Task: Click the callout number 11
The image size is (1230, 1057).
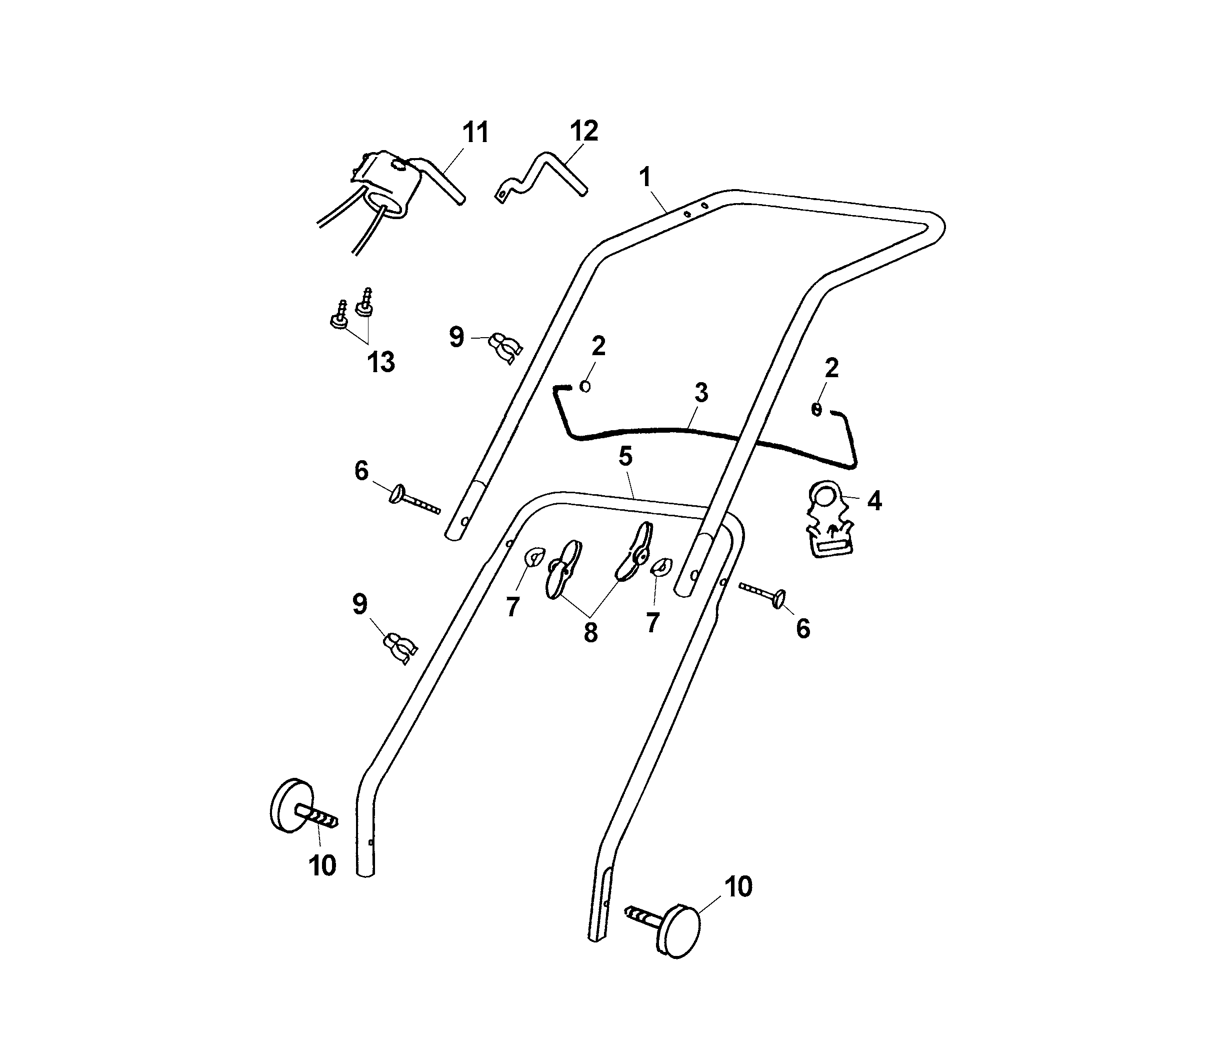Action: (x=476, y=133)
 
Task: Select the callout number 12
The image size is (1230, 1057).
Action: (x=584, y=131)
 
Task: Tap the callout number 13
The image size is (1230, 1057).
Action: (x=380, y=362)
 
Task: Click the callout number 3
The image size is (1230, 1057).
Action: (x=701, y=393)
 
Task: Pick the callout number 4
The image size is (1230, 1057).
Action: (x=874, y=502)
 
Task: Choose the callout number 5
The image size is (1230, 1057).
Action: (x=625, y=456)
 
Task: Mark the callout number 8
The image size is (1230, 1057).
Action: (x=590, y=633)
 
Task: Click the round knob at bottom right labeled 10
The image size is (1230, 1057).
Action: (x=678, y=930)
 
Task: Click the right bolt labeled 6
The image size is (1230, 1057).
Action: (x=763, y=593)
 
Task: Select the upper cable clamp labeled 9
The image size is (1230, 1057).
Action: (x=505, y=347)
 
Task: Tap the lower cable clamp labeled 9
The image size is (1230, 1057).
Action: (x=400, y=647)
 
